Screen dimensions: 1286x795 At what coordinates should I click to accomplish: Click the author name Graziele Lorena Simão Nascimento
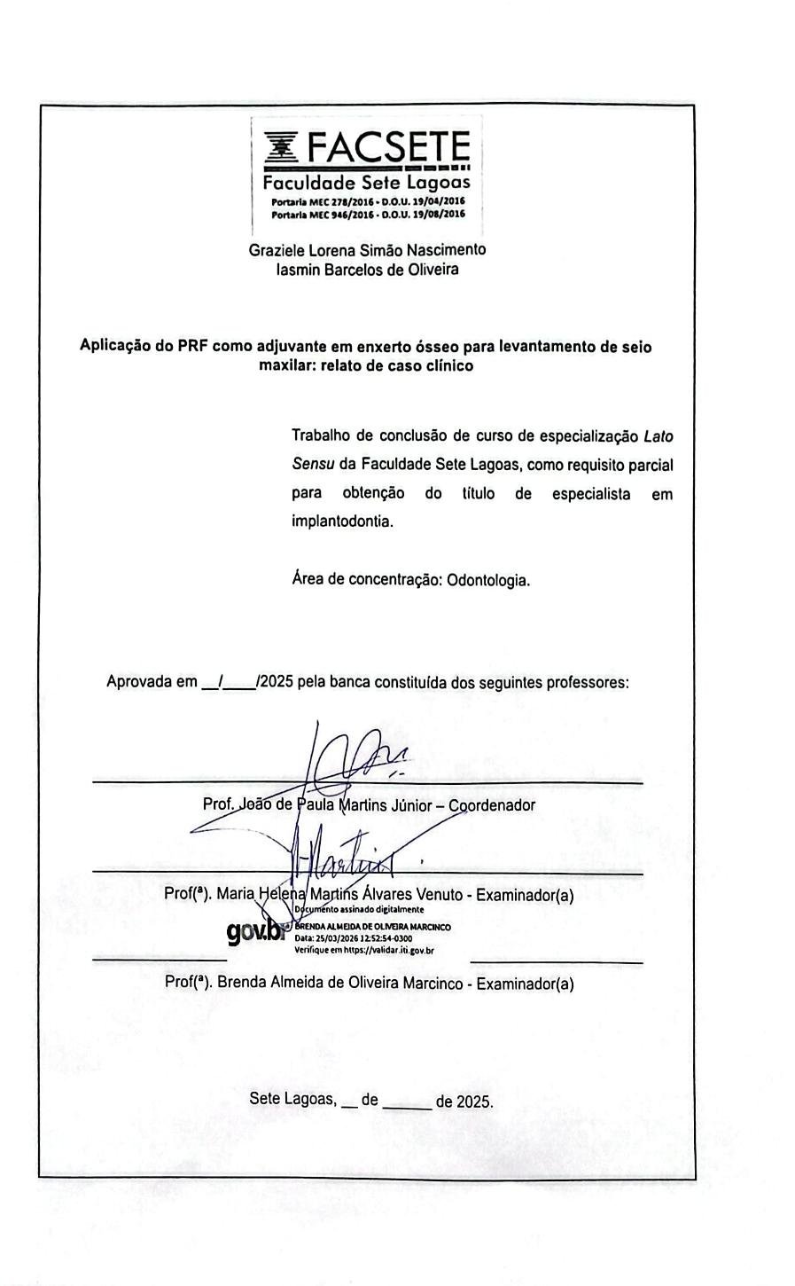pyautogui.click(x=367, y=250)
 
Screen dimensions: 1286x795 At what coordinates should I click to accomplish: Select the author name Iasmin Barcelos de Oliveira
pyautogui.click(x=367, y=270)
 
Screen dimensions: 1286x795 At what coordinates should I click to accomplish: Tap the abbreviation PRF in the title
pyautogui.click(x=192, y=347)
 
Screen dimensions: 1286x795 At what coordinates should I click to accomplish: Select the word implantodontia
pyautogui.click(x=342, y=522)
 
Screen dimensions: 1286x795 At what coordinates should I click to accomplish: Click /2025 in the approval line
pyautogui.click(x=274, y=682)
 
